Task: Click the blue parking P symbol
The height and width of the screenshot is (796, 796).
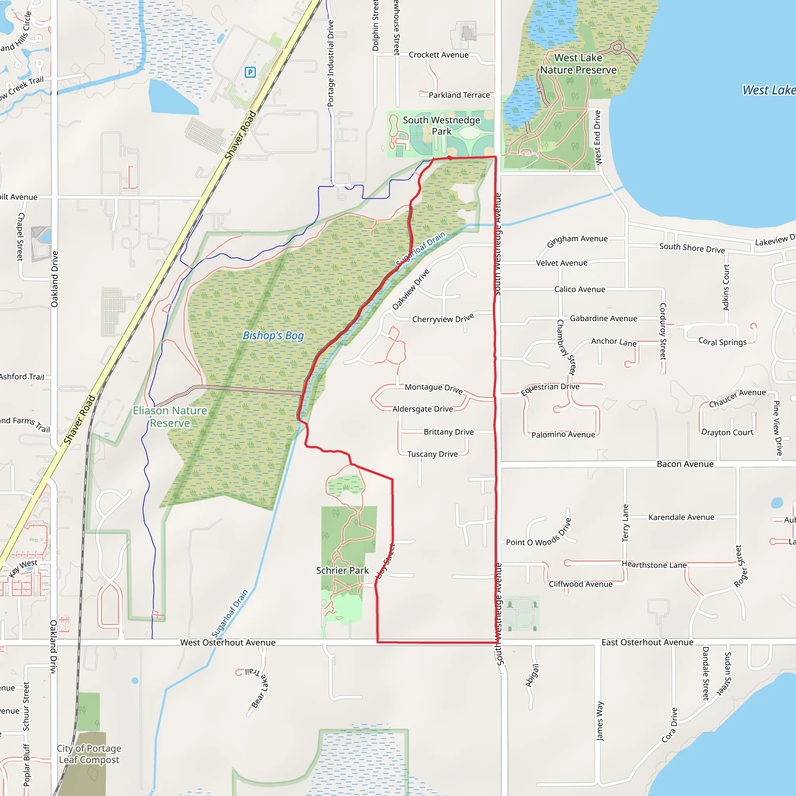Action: pyautogui.click(x=250, y=73)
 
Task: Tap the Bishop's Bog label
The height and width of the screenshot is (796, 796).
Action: pyautogui.click(x=273, y=336)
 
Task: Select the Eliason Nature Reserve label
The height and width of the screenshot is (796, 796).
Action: pyautogui.click(x=170, y=417)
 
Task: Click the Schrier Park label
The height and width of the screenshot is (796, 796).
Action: pyautogui.click(x=342, y=570)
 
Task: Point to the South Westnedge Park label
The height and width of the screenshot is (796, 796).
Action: pyautogui.click(x=441, y=126)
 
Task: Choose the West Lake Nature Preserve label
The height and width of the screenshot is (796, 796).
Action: pyautogui.click(x=578, y=64)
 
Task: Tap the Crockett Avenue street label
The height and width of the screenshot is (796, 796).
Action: pyautogui.click(x=438, y=55)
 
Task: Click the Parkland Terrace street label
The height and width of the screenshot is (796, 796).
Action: pyautogui.click(x=459, y=95)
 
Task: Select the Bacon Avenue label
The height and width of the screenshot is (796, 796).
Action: pyautogui.click(x=685, y=464)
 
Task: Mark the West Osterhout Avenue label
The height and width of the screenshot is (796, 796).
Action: pyautogui.click(x=228, y=642)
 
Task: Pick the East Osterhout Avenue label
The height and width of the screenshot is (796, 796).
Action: pyautogui.click(x=647, y=642)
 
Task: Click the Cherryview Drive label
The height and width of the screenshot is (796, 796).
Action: pyautogui.click(x=443, y=319)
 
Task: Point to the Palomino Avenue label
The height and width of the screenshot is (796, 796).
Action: pyautogui.click(x=563, y=435)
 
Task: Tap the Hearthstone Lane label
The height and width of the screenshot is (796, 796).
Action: pyautogui.click(x=654, y=565)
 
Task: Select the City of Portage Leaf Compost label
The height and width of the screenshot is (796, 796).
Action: pyautogui.click(x=89, y=754)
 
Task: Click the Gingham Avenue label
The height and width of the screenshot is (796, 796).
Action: pyautogui.click(x=577, y=240)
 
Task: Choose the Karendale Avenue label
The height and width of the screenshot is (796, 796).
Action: pyautogui.click(x=681, y=517)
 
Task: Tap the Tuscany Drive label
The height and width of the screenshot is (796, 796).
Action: pyautogui.click(x=432, y=454)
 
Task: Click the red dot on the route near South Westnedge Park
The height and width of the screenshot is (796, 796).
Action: pyautogui.click(x=450, y=158)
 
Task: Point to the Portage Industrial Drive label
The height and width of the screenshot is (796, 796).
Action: pyautogui.click(x=330, y=64)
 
